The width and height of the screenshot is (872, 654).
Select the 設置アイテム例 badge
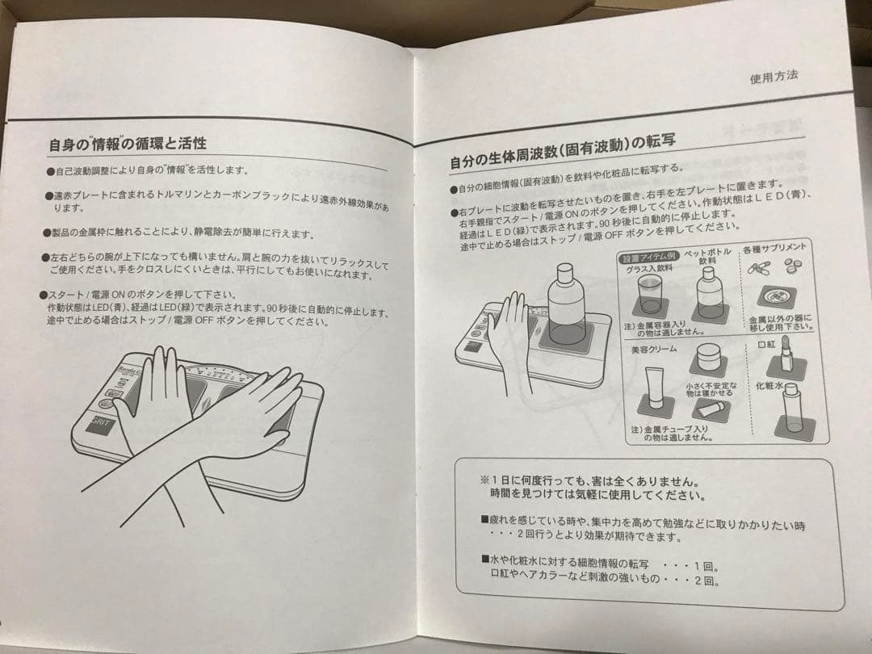[x=644, y=258]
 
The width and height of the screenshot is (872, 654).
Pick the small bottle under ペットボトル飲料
[x=709, y=294]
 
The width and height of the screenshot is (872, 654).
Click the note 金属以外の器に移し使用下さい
[x=779, y=322]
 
